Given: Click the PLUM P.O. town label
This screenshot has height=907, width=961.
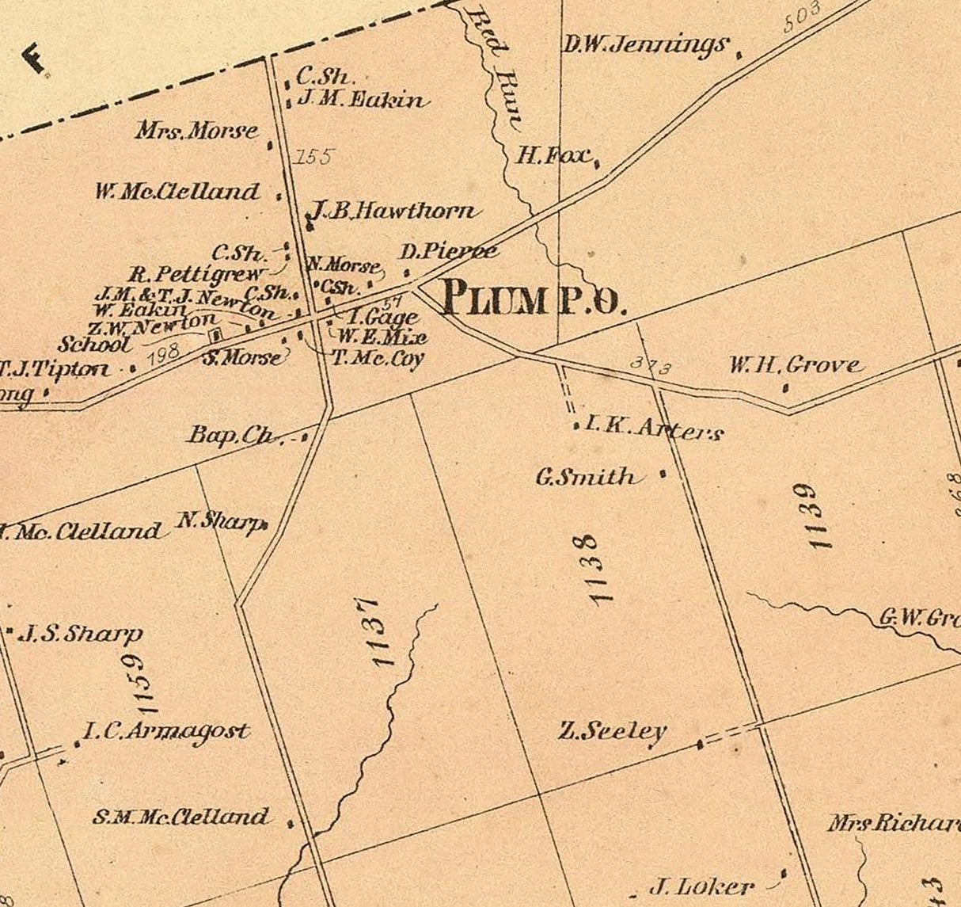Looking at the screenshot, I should [534, 299].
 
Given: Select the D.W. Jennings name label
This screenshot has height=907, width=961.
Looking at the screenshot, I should [645, 45].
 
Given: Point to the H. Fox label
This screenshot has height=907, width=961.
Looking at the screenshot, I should [554, 155].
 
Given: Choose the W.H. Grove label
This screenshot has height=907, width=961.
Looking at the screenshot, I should [795, 365].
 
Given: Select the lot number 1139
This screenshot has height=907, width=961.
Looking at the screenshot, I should [815, 516].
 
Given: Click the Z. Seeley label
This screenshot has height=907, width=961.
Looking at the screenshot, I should [613, 731].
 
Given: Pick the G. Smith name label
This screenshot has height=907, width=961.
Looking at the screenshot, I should [586, 477].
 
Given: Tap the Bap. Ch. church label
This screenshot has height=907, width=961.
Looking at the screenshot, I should [231, 435].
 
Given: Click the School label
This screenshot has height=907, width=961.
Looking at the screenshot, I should [94, 345].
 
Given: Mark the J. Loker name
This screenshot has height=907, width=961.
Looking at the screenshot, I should [701, 886].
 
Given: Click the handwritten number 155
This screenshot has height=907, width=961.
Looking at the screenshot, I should [313, 157].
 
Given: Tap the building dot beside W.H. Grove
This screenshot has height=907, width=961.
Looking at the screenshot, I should [785, 388].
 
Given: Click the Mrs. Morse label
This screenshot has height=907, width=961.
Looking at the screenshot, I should [197, 131].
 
